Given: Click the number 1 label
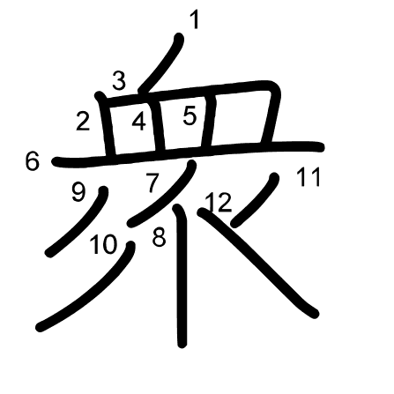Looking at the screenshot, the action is coord(194,20).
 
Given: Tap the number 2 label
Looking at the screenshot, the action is coord(83,122).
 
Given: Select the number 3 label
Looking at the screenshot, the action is coord(119,80).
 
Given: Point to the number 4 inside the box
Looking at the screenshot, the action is coord(138,122).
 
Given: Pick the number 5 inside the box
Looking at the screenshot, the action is coord(190,115).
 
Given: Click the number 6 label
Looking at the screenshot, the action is coord(32,161).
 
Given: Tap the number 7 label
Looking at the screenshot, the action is coord(152,182).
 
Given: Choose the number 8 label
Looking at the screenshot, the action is coord(160,237).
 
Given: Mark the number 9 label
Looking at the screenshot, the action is coord(78,193).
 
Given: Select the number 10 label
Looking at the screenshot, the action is coord(104,245).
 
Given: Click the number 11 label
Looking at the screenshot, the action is coord(309,177).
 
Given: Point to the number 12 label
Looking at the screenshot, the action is coord(219,203).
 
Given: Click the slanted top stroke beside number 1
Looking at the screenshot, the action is coord(161,63).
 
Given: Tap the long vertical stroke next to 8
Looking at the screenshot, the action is coord(182,276).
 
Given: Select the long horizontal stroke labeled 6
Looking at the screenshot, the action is coord(188,152).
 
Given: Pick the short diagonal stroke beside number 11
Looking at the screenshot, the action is coord(255,200).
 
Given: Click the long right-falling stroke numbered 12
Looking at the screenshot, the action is coord(258,263).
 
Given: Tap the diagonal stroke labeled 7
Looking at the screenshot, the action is coord(162,194).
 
